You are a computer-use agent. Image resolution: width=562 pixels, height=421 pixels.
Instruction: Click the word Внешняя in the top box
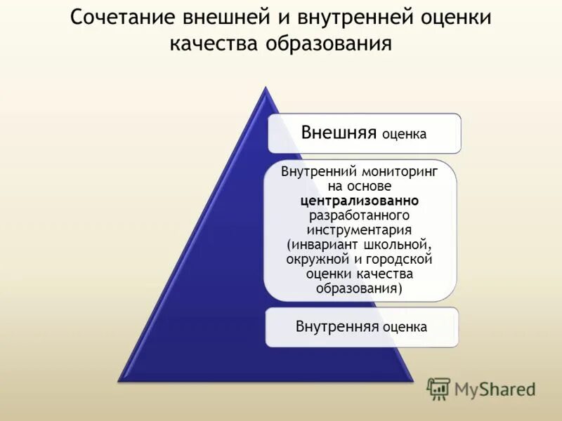point(339,133)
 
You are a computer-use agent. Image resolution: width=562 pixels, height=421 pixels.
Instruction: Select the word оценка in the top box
point(404,135)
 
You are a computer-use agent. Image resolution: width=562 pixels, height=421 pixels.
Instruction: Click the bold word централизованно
point(360,201)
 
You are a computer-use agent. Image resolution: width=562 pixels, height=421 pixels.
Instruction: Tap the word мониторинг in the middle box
point(401,172)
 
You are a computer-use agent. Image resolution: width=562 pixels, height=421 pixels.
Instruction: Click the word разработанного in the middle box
point(360,215)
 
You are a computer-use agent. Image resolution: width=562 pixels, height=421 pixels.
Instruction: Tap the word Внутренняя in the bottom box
point(337,327)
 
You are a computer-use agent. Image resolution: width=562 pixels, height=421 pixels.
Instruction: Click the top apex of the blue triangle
point(264,88)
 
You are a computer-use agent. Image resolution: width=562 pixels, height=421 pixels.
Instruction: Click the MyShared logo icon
point(438,388)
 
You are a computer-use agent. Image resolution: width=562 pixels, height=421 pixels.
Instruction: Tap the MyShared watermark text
point(495,388)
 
